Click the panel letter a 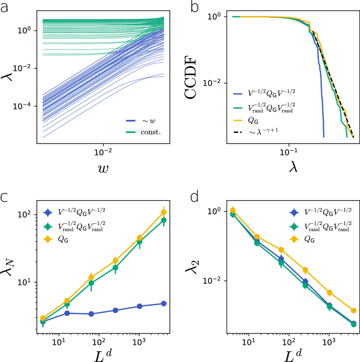(x=5, y=6)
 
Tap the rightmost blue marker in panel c (x=164, y=304)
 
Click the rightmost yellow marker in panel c (x=164, y=212)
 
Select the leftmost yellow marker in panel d (x=233, y=210)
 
